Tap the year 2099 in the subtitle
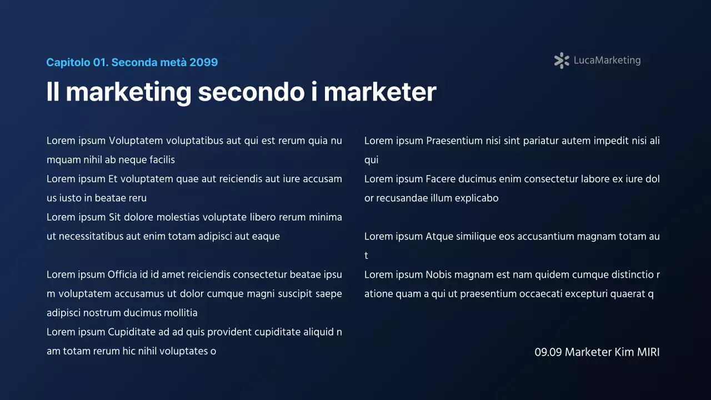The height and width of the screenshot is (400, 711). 203,62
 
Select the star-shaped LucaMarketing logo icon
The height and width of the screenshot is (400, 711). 562,61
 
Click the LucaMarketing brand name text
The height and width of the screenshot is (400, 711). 607,61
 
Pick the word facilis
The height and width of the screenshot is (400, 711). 162,160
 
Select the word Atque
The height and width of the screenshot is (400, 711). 439,237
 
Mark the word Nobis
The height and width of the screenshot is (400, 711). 440,275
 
